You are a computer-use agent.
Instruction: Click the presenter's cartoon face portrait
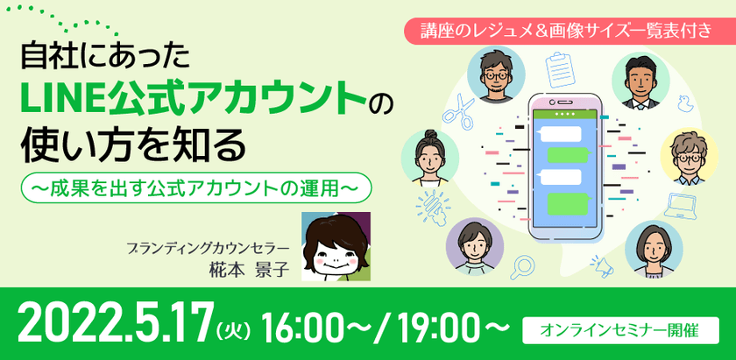336,246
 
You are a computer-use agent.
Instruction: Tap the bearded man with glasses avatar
493,76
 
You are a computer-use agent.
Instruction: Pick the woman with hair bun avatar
430,157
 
